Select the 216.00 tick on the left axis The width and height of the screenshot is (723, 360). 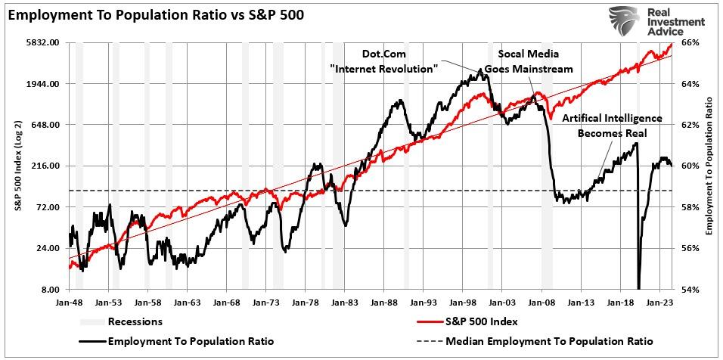click(x=47, y=166)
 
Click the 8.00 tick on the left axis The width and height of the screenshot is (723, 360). click(x=52, y=290)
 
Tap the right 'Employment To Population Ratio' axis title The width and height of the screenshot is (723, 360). click(x=710, y=166)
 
